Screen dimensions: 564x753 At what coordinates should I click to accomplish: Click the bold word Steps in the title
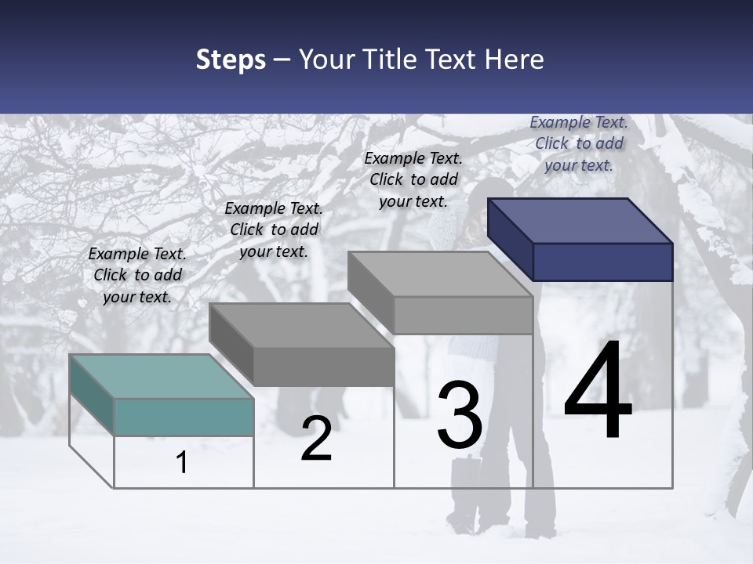pos(231,60)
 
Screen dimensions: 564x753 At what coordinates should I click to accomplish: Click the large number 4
pos(598,392)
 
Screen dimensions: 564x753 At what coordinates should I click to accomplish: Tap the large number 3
pos(460,415)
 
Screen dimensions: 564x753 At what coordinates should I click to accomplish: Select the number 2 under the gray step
pos(317,439)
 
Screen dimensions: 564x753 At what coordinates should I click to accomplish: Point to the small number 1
pos(182,463)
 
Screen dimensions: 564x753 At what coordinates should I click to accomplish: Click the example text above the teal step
pos(137,275)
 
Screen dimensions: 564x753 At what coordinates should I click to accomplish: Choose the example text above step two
pos(274,230)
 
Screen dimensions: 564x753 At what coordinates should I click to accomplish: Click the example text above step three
pos(413,179)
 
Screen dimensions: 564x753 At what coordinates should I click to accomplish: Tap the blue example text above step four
pos(579,143)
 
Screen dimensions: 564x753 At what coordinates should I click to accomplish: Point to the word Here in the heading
pos(515,60)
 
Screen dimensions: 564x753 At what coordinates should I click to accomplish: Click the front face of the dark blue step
pos(602,262)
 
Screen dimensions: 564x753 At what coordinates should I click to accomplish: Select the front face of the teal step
pos(184,417)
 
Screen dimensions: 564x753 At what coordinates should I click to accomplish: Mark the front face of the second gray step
pos(323,367)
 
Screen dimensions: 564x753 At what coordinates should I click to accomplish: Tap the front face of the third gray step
pos(463,315)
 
